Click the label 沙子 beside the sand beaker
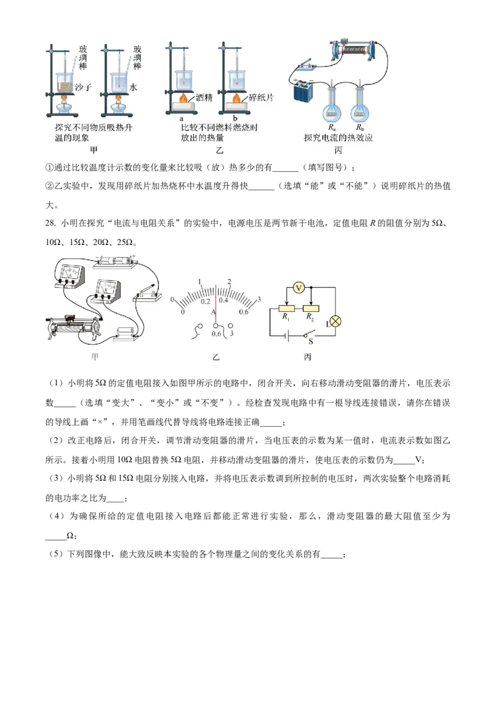click(x=84, y=88)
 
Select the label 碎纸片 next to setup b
click(x=261, y=97)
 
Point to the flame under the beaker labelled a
click(x=184, y=98)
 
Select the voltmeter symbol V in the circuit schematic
click(x=298, y=288)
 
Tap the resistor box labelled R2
click(x=311, y=308)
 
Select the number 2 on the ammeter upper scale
click(x=229, y=282)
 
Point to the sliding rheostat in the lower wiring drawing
click(x=74, y=327)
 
